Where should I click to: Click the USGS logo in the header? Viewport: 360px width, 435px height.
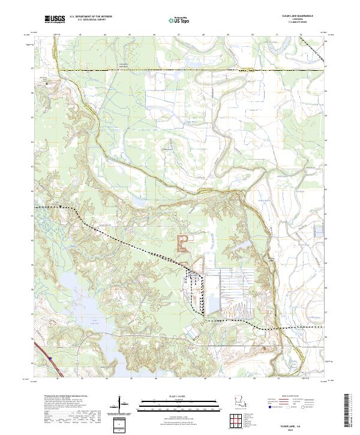pyautogui.click(x=55, y=19)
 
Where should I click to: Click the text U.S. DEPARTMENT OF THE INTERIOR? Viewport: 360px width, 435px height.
pyautogui.click(x=91, y=16)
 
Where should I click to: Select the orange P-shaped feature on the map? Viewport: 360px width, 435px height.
pyautogui.click(x=181, y=242)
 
